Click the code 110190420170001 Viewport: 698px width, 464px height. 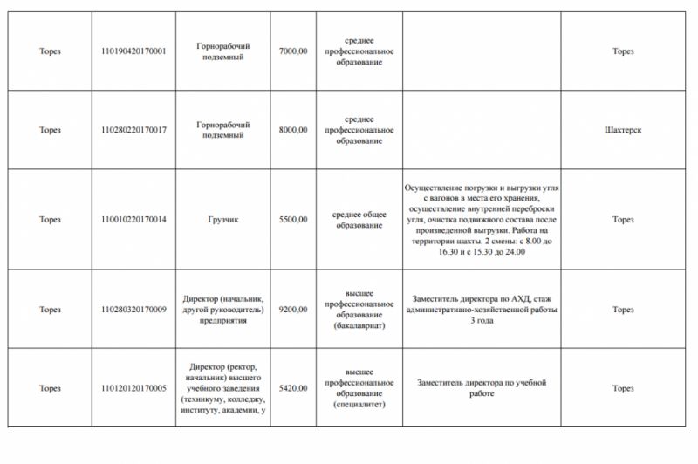click(x=133, y=51)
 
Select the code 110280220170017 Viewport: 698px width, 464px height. click(x=133, y=130)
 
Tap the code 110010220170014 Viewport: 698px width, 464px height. click(x=133, y=219)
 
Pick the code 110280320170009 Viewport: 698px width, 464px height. click(x=133, y=310)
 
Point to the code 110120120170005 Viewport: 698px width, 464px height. click(x=133, y=388)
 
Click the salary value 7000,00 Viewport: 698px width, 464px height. click(x=292, y=51)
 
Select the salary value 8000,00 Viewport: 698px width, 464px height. click(x=292, y=130)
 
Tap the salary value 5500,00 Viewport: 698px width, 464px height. click(x=292, y=219)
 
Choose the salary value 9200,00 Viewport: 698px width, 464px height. click(x=292, y=310)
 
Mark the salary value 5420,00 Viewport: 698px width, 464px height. click(x=292, y=388)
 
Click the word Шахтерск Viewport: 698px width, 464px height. click(x=622, y=130)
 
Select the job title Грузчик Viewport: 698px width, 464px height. click(x=223, y=219)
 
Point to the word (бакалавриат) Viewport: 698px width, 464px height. click(x=359, y=326)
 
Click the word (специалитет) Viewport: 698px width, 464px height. click(x=359, y=405)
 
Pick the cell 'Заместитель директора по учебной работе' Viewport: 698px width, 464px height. click(x=481, y=388)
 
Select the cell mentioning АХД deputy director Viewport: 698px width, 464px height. click(x=481, y=310)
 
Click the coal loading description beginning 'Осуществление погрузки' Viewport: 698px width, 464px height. click(x=481, y=219)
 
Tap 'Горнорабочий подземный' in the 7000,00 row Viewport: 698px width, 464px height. click(x=223, y=51)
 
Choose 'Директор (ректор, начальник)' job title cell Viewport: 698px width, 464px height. click(x=223, y=388)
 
